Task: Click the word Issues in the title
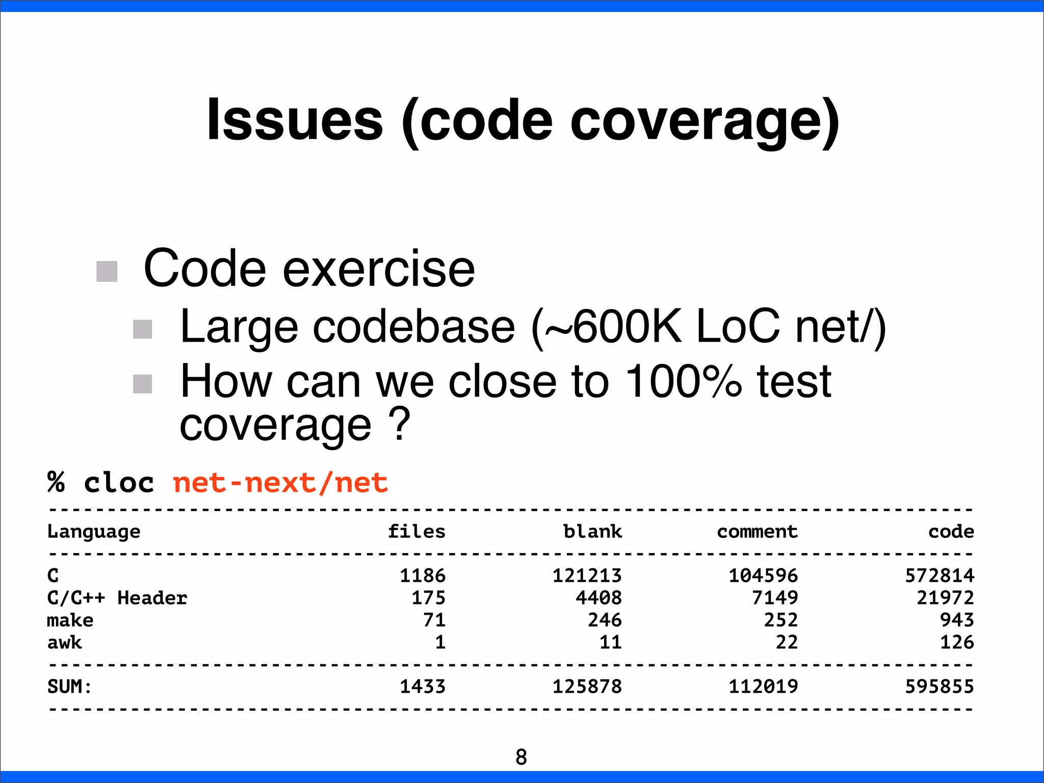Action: click(295, 120)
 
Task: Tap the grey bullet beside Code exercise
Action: click(107, 271)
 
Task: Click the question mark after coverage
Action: click(399, 424)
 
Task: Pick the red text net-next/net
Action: click(280, 482)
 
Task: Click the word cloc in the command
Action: click(119, 482)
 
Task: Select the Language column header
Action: click(94, 532)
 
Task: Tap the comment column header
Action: click(757, 532)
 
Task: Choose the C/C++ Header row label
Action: click(117, 597)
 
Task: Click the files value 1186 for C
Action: click(423, 576)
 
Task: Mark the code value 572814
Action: click(939, 576)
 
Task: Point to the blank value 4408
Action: click(598, 597)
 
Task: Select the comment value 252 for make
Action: click(780, 620)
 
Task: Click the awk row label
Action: click(65, 642)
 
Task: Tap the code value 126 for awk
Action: click(957, 642)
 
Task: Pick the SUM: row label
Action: click(69, 687)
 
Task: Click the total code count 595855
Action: click(939, 687)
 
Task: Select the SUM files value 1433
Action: click(423, 687)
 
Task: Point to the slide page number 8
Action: click(521, 757)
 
